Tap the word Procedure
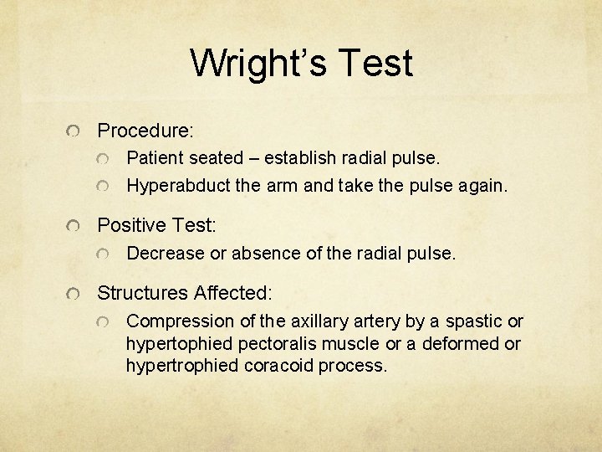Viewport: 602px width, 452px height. coord(144,131)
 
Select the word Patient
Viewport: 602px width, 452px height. coord(155,158)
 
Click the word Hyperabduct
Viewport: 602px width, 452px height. coord(176,185)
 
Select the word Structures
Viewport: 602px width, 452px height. coord(143,293)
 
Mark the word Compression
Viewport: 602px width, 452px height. coord(176,321)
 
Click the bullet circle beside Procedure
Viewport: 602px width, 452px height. coord(75,132)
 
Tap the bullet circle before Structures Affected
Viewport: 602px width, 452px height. coord(75,294)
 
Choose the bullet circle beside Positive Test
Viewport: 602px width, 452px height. coord(75,226)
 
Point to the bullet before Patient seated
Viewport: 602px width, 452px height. coord(103,159)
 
